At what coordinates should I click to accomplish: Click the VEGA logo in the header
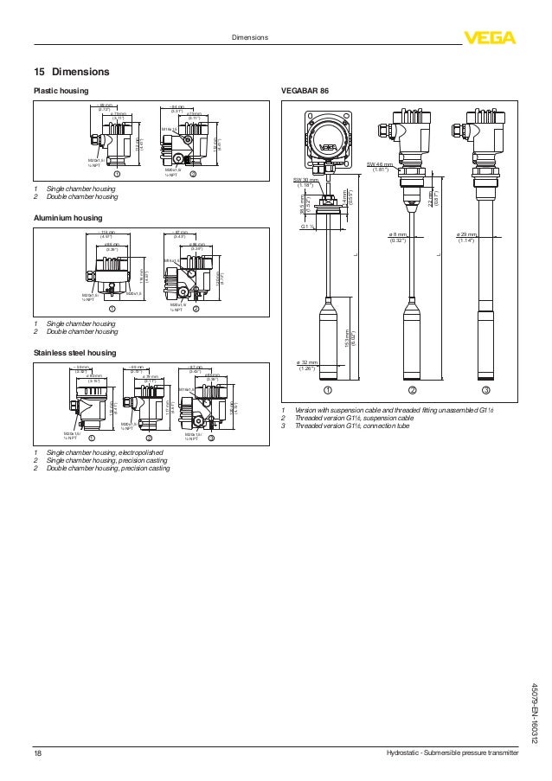tap(489, 37)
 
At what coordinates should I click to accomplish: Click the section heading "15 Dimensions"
tap(72, 70)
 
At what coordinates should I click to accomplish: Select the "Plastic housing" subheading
tap(61, 90)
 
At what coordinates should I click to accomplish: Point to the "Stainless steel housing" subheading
tap(74, 353)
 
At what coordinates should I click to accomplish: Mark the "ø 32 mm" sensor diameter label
tap(307, 364)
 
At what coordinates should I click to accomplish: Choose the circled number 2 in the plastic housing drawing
tap(193, 173)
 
